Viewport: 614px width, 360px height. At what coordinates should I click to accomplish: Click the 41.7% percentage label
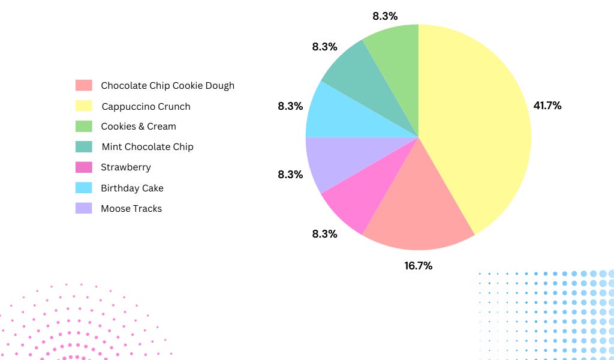(547, 106)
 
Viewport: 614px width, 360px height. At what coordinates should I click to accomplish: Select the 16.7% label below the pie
(418, 265)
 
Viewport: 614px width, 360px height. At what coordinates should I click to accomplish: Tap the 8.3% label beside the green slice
(384, 16)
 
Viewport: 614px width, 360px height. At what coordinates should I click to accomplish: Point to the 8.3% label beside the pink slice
(324, 233)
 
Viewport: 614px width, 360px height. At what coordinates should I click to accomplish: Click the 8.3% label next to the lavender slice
(290, 175)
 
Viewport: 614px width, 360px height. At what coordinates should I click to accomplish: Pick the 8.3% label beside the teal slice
(324, 46)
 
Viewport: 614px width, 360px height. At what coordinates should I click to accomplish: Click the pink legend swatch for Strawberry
(84, 167)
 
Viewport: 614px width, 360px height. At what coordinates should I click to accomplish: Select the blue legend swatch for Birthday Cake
(84, 188)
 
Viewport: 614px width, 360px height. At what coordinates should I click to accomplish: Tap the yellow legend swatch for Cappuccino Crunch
(84, 106)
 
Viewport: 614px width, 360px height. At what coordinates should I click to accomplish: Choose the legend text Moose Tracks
(131, 209)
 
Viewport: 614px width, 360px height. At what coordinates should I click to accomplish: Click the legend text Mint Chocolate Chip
(148, 146)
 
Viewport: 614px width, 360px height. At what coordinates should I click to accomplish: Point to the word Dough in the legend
(220, 86)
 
